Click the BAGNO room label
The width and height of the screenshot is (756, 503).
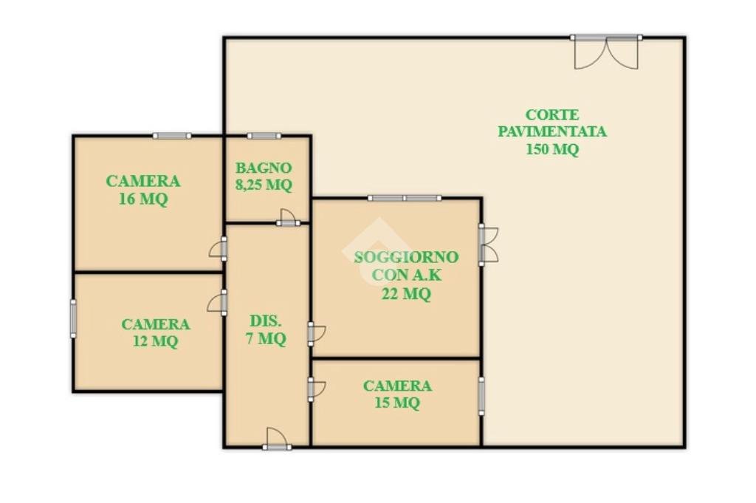coord(264,168)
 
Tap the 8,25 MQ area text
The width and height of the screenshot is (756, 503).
coord(264,185)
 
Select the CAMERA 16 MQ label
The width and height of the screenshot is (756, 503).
coord(143,190)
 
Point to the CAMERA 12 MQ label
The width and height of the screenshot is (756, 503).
coord(156,332)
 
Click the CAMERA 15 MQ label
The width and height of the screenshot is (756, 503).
coord(397,394)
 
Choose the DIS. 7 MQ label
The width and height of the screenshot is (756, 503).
coord(266,329)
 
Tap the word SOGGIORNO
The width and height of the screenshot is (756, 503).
coord(406,257)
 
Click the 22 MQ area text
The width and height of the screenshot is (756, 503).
coord(406,293)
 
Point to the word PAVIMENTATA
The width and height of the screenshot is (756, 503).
coord(552,131)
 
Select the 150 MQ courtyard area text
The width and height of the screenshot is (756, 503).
coord(552,149)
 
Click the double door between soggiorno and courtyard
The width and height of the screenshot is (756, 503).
coord(488,244)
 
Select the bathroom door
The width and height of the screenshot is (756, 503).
coord(288,217)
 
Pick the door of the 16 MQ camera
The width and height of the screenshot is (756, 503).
coord(219,249)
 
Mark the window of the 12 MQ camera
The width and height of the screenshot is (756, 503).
coord(73,318)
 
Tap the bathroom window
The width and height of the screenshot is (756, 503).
coord(264,136)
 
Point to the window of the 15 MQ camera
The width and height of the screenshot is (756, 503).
coord(481,396)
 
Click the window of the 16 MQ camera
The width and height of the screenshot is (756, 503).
coord(172,136)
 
